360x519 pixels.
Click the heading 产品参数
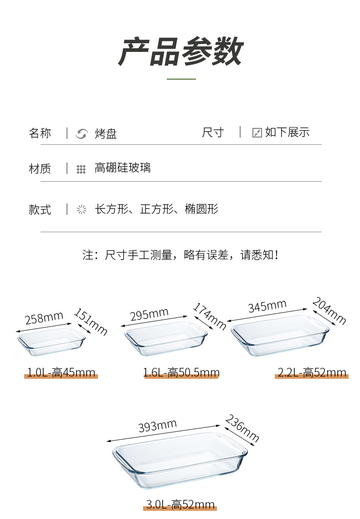180,51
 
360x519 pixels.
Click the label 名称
40,133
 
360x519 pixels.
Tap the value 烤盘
106,133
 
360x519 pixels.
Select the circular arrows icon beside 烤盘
82,134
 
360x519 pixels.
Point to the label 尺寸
213,132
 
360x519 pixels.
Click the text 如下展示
287,132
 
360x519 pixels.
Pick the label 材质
40,169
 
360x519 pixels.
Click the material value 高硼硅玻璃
123,168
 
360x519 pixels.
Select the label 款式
40,210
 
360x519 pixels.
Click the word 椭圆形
202,209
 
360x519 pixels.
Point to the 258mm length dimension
44,318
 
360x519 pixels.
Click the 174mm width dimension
210,316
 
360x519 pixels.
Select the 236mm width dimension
242,428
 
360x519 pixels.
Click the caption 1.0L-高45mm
61,373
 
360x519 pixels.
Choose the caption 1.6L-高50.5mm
181,373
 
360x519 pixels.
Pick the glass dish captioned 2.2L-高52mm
279,336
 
